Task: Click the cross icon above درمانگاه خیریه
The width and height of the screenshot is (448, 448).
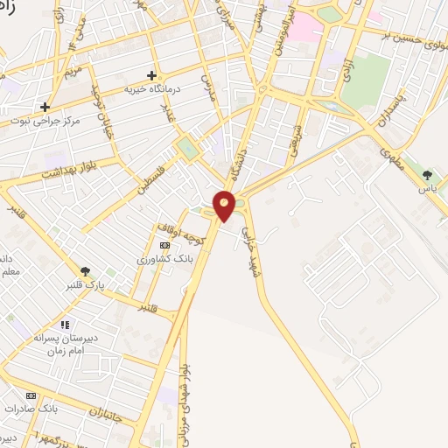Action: [x=152, y=76]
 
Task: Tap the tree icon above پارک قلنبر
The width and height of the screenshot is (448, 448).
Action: [x=85, y=271]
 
